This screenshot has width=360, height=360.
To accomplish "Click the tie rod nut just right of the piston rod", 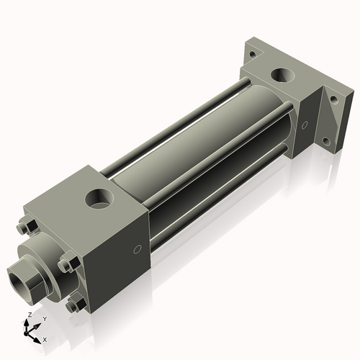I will coord(66,264).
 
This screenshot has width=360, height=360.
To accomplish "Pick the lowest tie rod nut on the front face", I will coord(73,306).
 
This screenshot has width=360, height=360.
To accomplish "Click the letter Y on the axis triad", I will coord(45,318).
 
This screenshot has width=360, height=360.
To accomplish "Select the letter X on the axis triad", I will coord(45,338).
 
